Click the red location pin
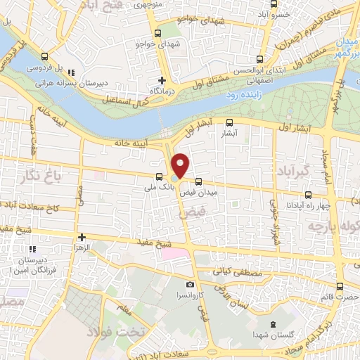[181, 165]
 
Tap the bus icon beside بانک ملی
[158, 177]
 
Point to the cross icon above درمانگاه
[162, 80]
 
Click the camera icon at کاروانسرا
[190, 283]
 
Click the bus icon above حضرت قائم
[341, 286]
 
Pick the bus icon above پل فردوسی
[46, 57]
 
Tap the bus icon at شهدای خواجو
[157, 32]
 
